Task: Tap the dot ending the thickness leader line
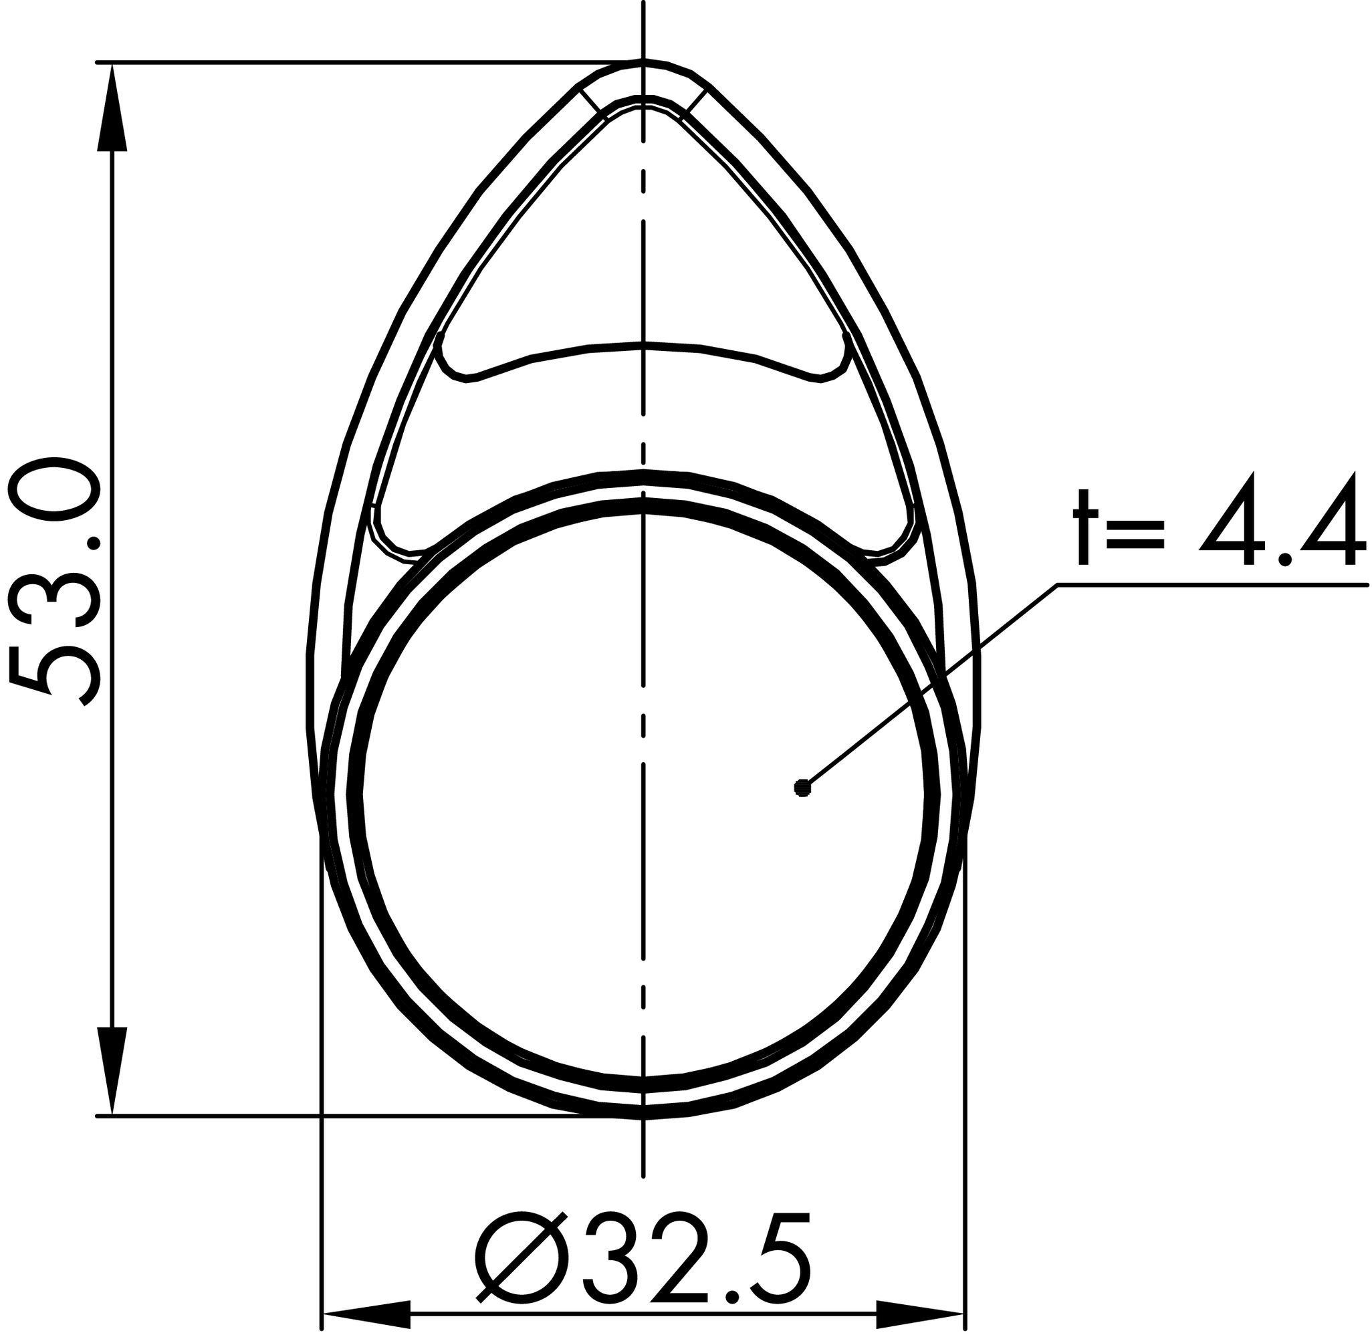(x=802, y=789)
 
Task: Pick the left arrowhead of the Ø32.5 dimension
(x=365, y=1314)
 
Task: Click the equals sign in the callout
(x=1135, y=533)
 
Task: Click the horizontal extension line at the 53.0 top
(x=351, y=62)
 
